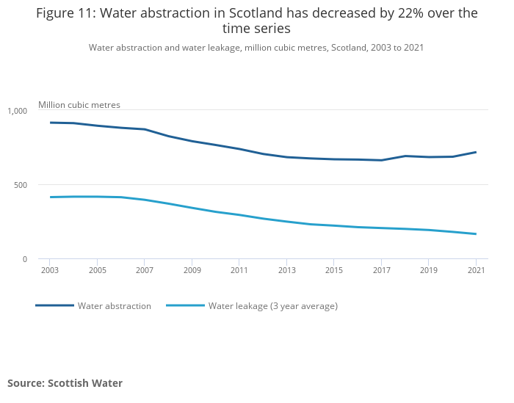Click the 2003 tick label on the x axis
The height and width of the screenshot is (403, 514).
pos(49,270)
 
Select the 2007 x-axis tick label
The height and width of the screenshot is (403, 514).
pos(144,270)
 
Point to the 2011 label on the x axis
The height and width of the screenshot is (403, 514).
pos(239,270)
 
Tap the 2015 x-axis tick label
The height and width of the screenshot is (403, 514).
pos(334,270)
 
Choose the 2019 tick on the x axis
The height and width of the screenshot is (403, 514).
pos(429,270)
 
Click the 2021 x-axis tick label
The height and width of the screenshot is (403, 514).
pos(477,270)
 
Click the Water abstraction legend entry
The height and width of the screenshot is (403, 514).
pos(114,306)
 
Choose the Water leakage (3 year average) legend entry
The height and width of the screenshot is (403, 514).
pos(272,306)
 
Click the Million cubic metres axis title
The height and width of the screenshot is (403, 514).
pos(79,105)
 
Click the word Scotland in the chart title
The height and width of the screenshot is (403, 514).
pos(255,13)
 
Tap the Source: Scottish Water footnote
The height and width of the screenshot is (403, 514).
pos(65,383)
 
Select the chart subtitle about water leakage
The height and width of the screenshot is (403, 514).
pos(256,48)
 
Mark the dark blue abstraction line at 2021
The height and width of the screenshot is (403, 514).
pos(477,152)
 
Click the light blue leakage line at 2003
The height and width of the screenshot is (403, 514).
pos(49,197)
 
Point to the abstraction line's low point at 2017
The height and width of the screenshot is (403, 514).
pos(381,160)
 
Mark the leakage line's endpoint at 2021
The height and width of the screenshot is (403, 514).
pos(477,234)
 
